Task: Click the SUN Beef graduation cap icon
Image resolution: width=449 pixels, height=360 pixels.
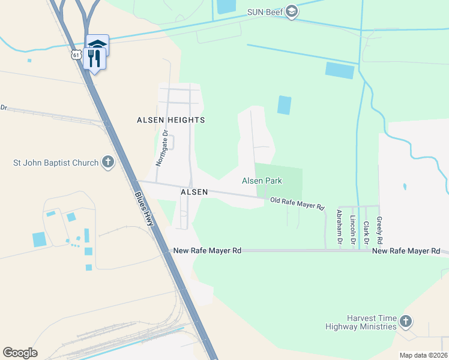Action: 292,12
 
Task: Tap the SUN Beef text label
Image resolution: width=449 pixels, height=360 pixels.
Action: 265,12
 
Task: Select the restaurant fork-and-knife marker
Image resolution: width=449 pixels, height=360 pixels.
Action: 94,58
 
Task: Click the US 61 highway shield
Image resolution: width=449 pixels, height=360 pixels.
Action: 75,55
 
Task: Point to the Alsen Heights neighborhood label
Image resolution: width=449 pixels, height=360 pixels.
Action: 171,120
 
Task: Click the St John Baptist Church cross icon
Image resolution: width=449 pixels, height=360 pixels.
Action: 107,163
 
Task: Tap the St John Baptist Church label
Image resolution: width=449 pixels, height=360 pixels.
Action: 56,163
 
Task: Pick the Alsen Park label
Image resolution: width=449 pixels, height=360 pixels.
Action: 262,181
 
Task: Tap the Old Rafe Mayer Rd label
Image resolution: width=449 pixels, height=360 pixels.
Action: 297,204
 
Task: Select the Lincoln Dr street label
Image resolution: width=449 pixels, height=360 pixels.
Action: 354,228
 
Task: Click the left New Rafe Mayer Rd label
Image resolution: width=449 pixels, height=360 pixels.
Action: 206,251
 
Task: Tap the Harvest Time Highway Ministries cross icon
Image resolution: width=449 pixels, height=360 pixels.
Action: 406,321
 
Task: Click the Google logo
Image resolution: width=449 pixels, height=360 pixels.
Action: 20,353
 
